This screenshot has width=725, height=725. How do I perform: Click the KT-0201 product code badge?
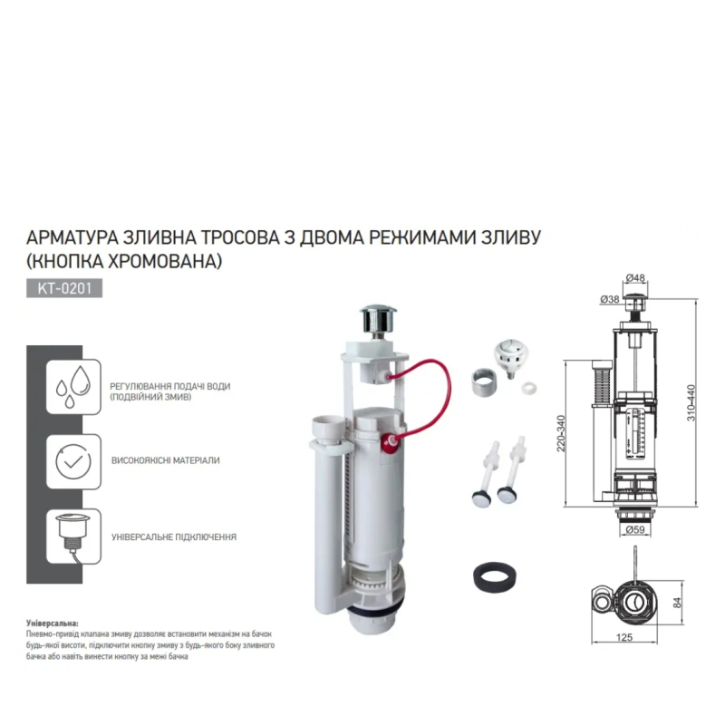[x=64, y=288]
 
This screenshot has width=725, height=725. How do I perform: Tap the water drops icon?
[x=73, y=387]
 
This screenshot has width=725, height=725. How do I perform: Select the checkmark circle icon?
[x=73, y=461]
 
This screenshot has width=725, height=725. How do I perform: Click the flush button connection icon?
[x=73, y=536]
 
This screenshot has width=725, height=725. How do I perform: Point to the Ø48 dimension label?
[x=635, y=278]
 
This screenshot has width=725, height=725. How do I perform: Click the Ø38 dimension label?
[x=609, y=299]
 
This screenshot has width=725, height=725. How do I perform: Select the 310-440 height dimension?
[x=691, y=402]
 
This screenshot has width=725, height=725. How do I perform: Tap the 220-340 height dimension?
[x=560, y=433]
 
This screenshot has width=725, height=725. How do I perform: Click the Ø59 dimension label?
[x=635, y=529]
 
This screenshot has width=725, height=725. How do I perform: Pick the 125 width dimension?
[x=623, y=637]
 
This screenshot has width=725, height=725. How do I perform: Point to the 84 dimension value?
[x=677, y=603]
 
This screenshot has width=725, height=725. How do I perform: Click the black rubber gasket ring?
[x=495, y=575]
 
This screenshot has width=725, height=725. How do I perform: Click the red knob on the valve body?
[x=391, y=440]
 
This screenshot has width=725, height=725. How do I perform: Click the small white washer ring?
[x=528, y=388]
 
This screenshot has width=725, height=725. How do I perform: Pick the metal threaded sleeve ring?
[x=484, y=382]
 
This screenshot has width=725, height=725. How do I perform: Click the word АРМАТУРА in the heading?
[x=72, y=237]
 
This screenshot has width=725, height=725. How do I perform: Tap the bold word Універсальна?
[x=53, y=623]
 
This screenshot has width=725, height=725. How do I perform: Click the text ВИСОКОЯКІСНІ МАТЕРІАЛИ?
[x=166, y=460]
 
